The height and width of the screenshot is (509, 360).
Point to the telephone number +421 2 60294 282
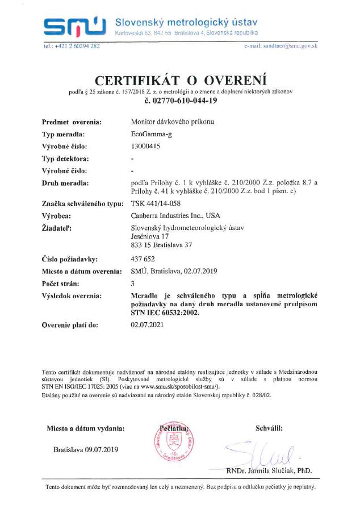tap(72, 45)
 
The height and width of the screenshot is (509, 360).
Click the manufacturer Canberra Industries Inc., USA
tap(175, 216)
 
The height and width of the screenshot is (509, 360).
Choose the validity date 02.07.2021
tap(147, 326)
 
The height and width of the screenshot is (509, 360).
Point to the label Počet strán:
tap(61, 283)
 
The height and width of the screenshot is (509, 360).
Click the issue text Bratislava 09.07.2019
tap(86, 449)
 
